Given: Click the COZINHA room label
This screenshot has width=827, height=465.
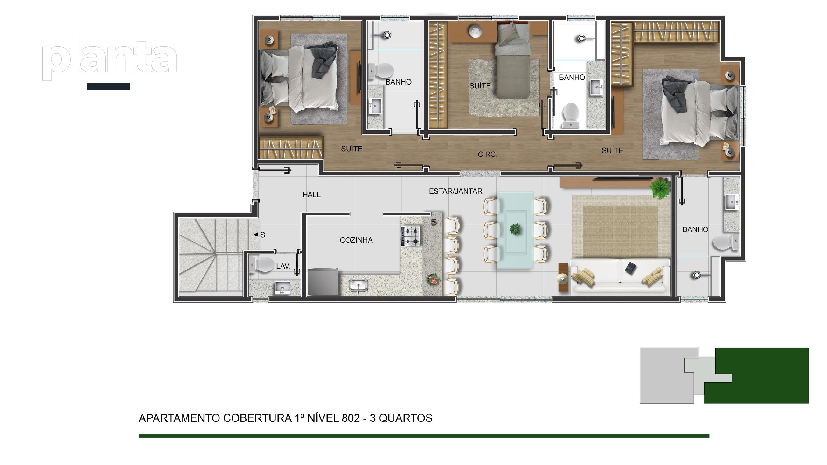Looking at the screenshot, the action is point(356,240).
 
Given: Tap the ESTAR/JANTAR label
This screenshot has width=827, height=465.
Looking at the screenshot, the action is point(455,191).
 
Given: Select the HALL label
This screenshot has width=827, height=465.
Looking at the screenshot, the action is point(311,195).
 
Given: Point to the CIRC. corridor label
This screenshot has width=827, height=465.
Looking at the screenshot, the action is point(487,154).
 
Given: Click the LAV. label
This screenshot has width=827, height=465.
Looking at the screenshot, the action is point(283,266).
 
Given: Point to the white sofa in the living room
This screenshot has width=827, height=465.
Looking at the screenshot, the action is point(620,275).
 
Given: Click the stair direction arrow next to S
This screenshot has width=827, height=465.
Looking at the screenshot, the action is point(256,235).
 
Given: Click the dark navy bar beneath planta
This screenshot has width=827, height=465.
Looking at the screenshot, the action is point(108,86).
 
